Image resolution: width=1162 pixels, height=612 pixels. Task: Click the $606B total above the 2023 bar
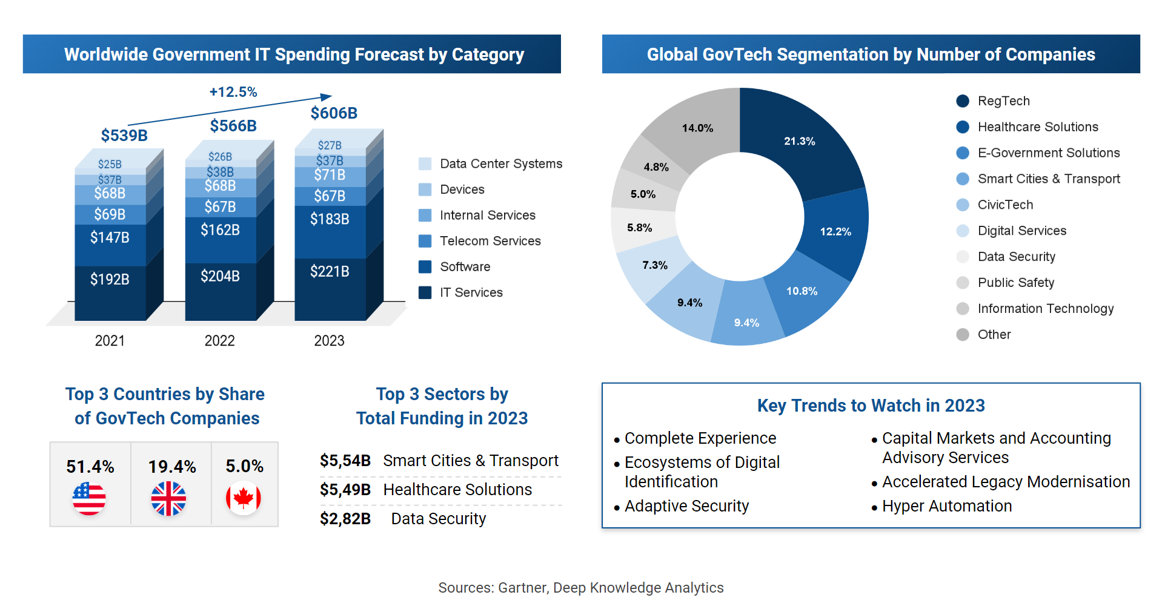click(x=334, y=113)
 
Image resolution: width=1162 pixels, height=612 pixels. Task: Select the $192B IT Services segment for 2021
click(x=110, y=279)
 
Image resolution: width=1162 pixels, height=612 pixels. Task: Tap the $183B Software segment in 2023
click(x=330, y=219)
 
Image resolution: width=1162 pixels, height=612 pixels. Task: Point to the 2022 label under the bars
click(x=219, y=341)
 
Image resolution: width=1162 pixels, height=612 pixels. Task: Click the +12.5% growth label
click(x=233, y=92)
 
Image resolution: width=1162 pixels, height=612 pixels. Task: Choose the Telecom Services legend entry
click(x=490, y=241)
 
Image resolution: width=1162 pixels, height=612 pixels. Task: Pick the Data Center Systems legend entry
click(x=500, y=163)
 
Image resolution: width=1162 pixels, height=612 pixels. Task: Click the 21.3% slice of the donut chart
click(x=800, y=141)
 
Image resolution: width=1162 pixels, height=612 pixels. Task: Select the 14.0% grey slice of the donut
click(x=697, y=128)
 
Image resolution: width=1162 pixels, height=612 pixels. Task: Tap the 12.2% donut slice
click(x=835, y=231)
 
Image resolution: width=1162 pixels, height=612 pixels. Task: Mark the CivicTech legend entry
click(x=1005, y=205)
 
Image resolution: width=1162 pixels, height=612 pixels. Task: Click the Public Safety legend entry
click(x=1015, y=283)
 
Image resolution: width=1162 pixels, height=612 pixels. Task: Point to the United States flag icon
click(x=89, y=499)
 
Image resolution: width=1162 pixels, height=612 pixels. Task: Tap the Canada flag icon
click(x=244, y=498)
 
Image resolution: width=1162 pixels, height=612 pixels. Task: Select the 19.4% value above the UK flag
click(x=172, y=467)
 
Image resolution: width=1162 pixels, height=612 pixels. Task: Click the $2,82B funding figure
click(x=345, y=519)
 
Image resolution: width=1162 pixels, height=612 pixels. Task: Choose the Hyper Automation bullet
click(x=946, y=506)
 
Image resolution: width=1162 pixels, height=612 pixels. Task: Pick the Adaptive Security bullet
click(x=686, y=506)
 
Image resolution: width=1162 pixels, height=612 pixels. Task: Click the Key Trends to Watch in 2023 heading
click(x=871, y=406)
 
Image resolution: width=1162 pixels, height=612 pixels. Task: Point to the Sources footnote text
click(x=580, y=588)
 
